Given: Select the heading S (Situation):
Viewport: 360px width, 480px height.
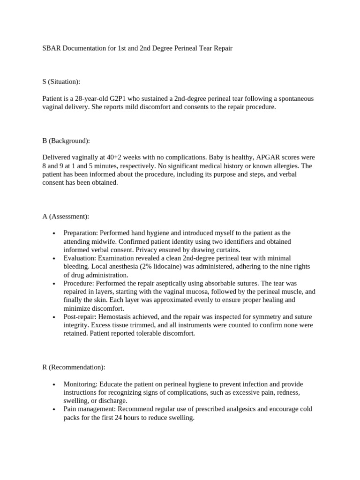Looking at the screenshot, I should (61, 82).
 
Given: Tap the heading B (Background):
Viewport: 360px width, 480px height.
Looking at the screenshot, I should (66, 141).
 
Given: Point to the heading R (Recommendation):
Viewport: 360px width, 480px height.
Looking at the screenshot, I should (74, 367).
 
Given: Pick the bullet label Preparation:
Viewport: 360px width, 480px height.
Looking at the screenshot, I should (80, 233).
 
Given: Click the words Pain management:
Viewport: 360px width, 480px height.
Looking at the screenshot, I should (90, 409).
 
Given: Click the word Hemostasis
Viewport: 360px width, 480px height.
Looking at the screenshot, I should (115, 317).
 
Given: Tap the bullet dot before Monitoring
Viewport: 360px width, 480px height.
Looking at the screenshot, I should (55, 384).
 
